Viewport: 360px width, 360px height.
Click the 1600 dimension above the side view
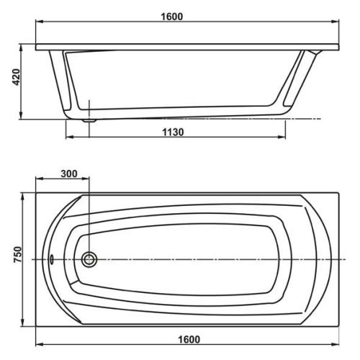(x=187, y=16)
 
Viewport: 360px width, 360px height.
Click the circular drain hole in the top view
(x=90, y=260)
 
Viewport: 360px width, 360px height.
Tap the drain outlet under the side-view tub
(x=89, y=121)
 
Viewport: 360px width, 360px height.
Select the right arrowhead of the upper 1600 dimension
(x=338, y=24)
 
